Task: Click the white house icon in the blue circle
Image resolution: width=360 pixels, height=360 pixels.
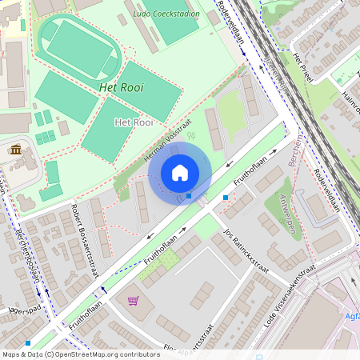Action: tap(180, 173)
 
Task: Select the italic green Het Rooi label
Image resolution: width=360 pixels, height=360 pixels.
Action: tap(122, 86)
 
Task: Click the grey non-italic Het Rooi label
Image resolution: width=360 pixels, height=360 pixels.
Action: tap(134, 122)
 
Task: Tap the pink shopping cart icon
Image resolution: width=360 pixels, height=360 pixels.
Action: tap(134, 302)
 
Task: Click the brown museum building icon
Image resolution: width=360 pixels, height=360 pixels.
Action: tap(15, 149)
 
